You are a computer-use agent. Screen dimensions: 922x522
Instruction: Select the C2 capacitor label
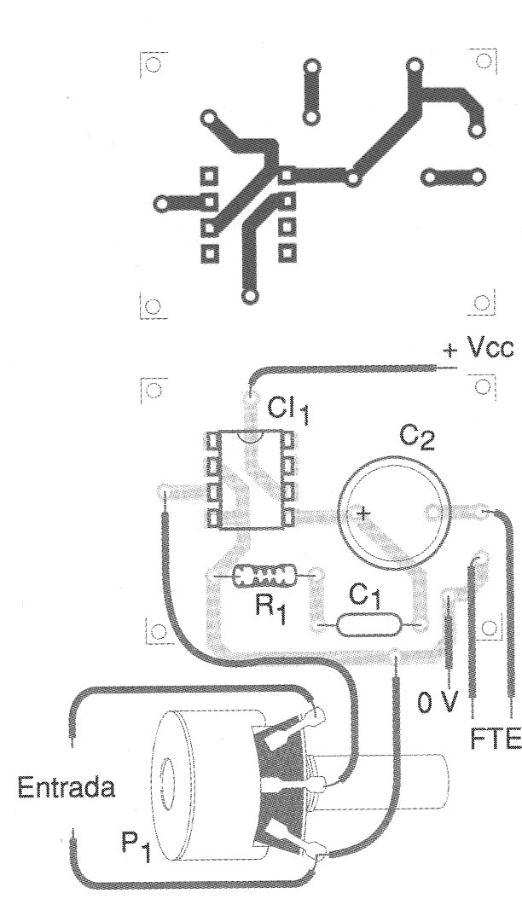[x=417, y=442]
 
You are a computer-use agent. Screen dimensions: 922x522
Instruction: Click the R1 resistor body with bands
[x=265, y=577]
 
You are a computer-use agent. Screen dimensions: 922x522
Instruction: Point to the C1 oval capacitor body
[x=366, y=626]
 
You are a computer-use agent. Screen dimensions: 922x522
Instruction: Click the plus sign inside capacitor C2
[x=364, y=513]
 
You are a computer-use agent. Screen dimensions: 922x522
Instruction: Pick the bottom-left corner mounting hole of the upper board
[x=152, y=306]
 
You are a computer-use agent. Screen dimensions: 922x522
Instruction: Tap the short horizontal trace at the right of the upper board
[x=451, y=178]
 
